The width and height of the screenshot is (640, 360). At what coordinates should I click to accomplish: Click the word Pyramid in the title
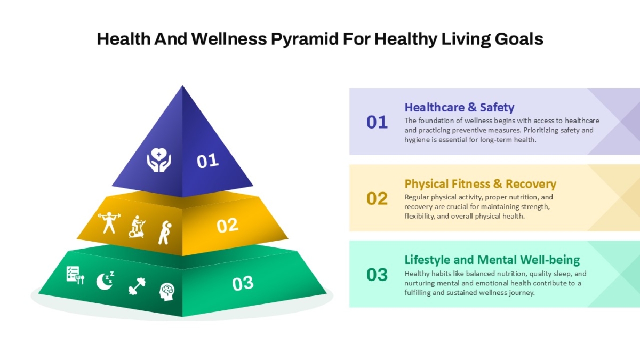tap(305, 39)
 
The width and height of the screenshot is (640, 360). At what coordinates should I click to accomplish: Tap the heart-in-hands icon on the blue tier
tap(159, 159)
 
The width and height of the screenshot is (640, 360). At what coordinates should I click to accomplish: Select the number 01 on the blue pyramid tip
tap(207, 161)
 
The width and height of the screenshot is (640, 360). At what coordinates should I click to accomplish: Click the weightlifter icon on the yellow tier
tap(109, 222)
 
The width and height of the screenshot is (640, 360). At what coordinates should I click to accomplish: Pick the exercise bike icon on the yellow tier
tap(137, 227)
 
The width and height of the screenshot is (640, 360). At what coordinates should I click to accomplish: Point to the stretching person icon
tap(165, 233)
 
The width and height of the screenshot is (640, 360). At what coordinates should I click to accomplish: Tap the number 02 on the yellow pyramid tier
tap(227, 226)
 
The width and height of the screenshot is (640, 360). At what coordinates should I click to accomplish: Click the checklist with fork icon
tap(75, 275)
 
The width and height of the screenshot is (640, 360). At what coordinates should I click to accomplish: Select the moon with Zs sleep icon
tap(105, 281)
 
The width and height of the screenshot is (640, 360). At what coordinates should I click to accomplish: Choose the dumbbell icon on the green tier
tap(137, 286)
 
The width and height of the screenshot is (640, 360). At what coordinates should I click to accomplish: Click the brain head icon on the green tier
tap(167, 292)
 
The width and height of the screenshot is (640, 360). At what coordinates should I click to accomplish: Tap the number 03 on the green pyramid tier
tap(243, 284)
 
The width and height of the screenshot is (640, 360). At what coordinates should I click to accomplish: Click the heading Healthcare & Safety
tap(459, 107)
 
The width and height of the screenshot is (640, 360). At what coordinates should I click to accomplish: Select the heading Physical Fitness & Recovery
tap(481, 183)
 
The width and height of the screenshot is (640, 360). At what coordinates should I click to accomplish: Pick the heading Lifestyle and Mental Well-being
tap(492, 260)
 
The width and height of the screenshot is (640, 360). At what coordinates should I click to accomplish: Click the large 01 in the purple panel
tap(377, 122)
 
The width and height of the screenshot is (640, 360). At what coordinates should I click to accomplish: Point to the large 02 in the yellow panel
tap(377, 198)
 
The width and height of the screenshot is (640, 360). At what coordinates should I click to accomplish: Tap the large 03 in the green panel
tap(377, 275)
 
